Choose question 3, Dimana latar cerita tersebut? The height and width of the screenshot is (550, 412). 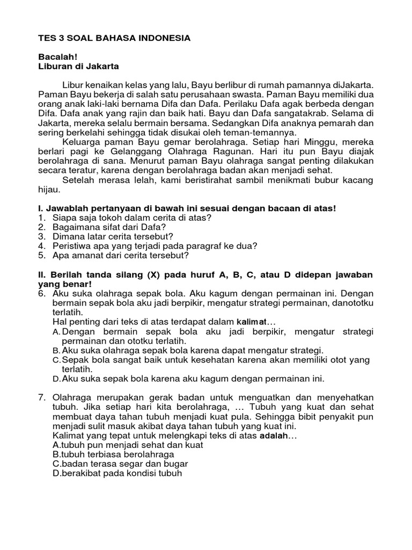113,236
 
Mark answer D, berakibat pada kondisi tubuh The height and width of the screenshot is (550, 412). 117,473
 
